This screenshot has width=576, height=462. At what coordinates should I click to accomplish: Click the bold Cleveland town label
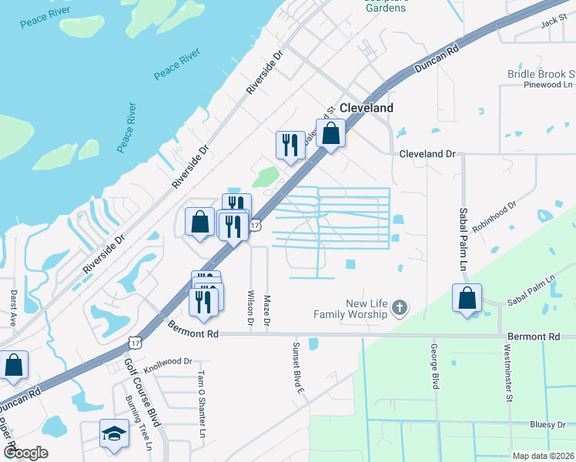367,109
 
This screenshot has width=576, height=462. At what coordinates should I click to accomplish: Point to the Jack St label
553,24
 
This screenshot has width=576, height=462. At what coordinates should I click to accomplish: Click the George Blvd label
435,370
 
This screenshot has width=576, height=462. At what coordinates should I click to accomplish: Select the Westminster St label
509,375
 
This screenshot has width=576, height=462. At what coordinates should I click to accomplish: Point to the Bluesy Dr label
548,424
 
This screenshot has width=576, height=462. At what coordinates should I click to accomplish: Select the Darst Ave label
14,308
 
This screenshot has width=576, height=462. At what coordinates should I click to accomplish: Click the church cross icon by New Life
399,309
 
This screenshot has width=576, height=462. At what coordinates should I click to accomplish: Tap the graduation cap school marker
114,434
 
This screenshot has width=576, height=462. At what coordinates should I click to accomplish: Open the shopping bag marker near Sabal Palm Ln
467,298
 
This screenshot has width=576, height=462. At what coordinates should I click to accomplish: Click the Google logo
25,453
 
